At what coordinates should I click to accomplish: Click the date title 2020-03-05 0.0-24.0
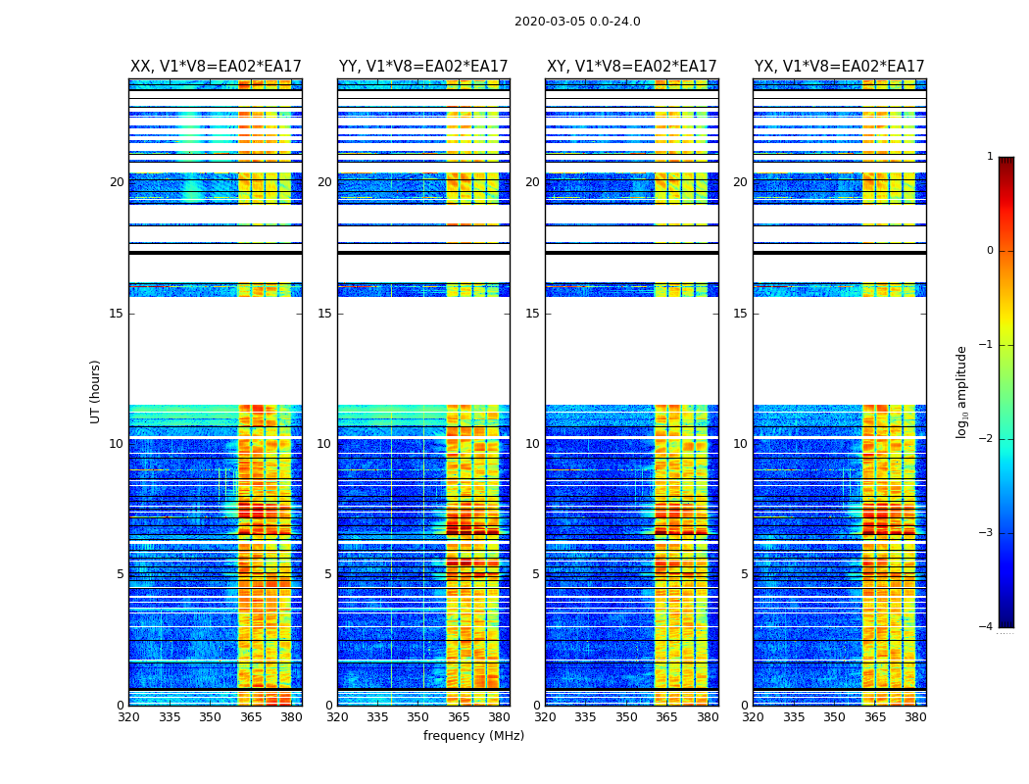click(x=577, y=22)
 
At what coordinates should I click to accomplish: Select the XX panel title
click(x=216, y=67)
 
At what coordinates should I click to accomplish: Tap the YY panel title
click(x=423, y=67)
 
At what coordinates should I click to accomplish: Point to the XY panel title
click(x=632, y=67)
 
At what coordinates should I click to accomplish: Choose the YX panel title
click(x=839, y=67)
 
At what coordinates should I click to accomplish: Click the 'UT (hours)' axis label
click(x=95, y=391)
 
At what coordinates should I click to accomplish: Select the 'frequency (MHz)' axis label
click(x=473, y=736)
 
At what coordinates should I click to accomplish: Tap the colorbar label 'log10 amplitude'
click(x=962, y=391)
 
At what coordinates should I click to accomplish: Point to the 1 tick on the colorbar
click(x=989, y=157)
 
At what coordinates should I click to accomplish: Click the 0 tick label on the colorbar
click(x=989, y=251)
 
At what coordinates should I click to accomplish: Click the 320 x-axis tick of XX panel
click(x=128, y=717)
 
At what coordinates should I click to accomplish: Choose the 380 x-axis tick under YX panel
click(x=915, y=717)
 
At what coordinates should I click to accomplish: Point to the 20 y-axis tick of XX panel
click(x=117, y=182)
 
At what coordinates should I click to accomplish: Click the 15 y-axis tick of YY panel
click(x=324, y=314)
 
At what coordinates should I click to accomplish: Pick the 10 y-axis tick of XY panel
click(x=532, y=444)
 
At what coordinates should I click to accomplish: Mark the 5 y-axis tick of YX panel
click(x=744, y=574)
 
